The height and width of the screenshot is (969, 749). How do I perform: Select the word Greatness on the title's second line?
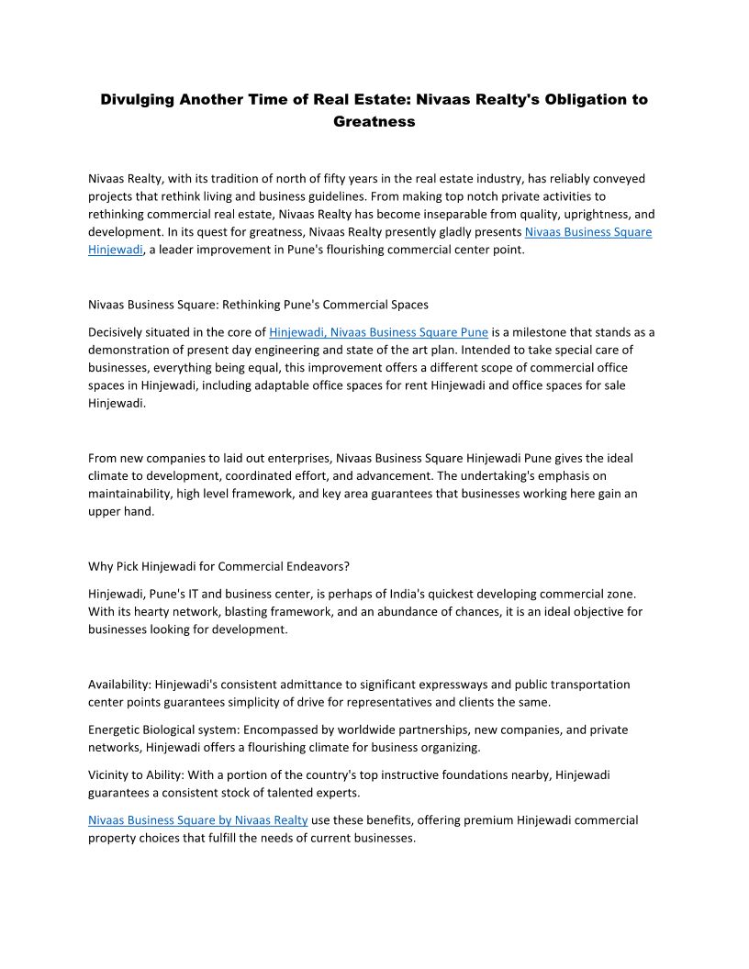374,121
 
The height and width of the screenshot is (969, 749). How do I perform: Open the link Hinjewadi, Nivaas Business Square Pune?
378,332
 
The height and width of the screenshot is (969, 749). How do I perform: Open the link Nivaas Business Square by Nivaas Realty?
197,820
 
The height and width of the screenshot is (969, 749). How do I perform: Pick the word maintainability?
131,494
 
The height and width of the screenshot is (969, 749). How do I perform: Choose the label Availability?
119,685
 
